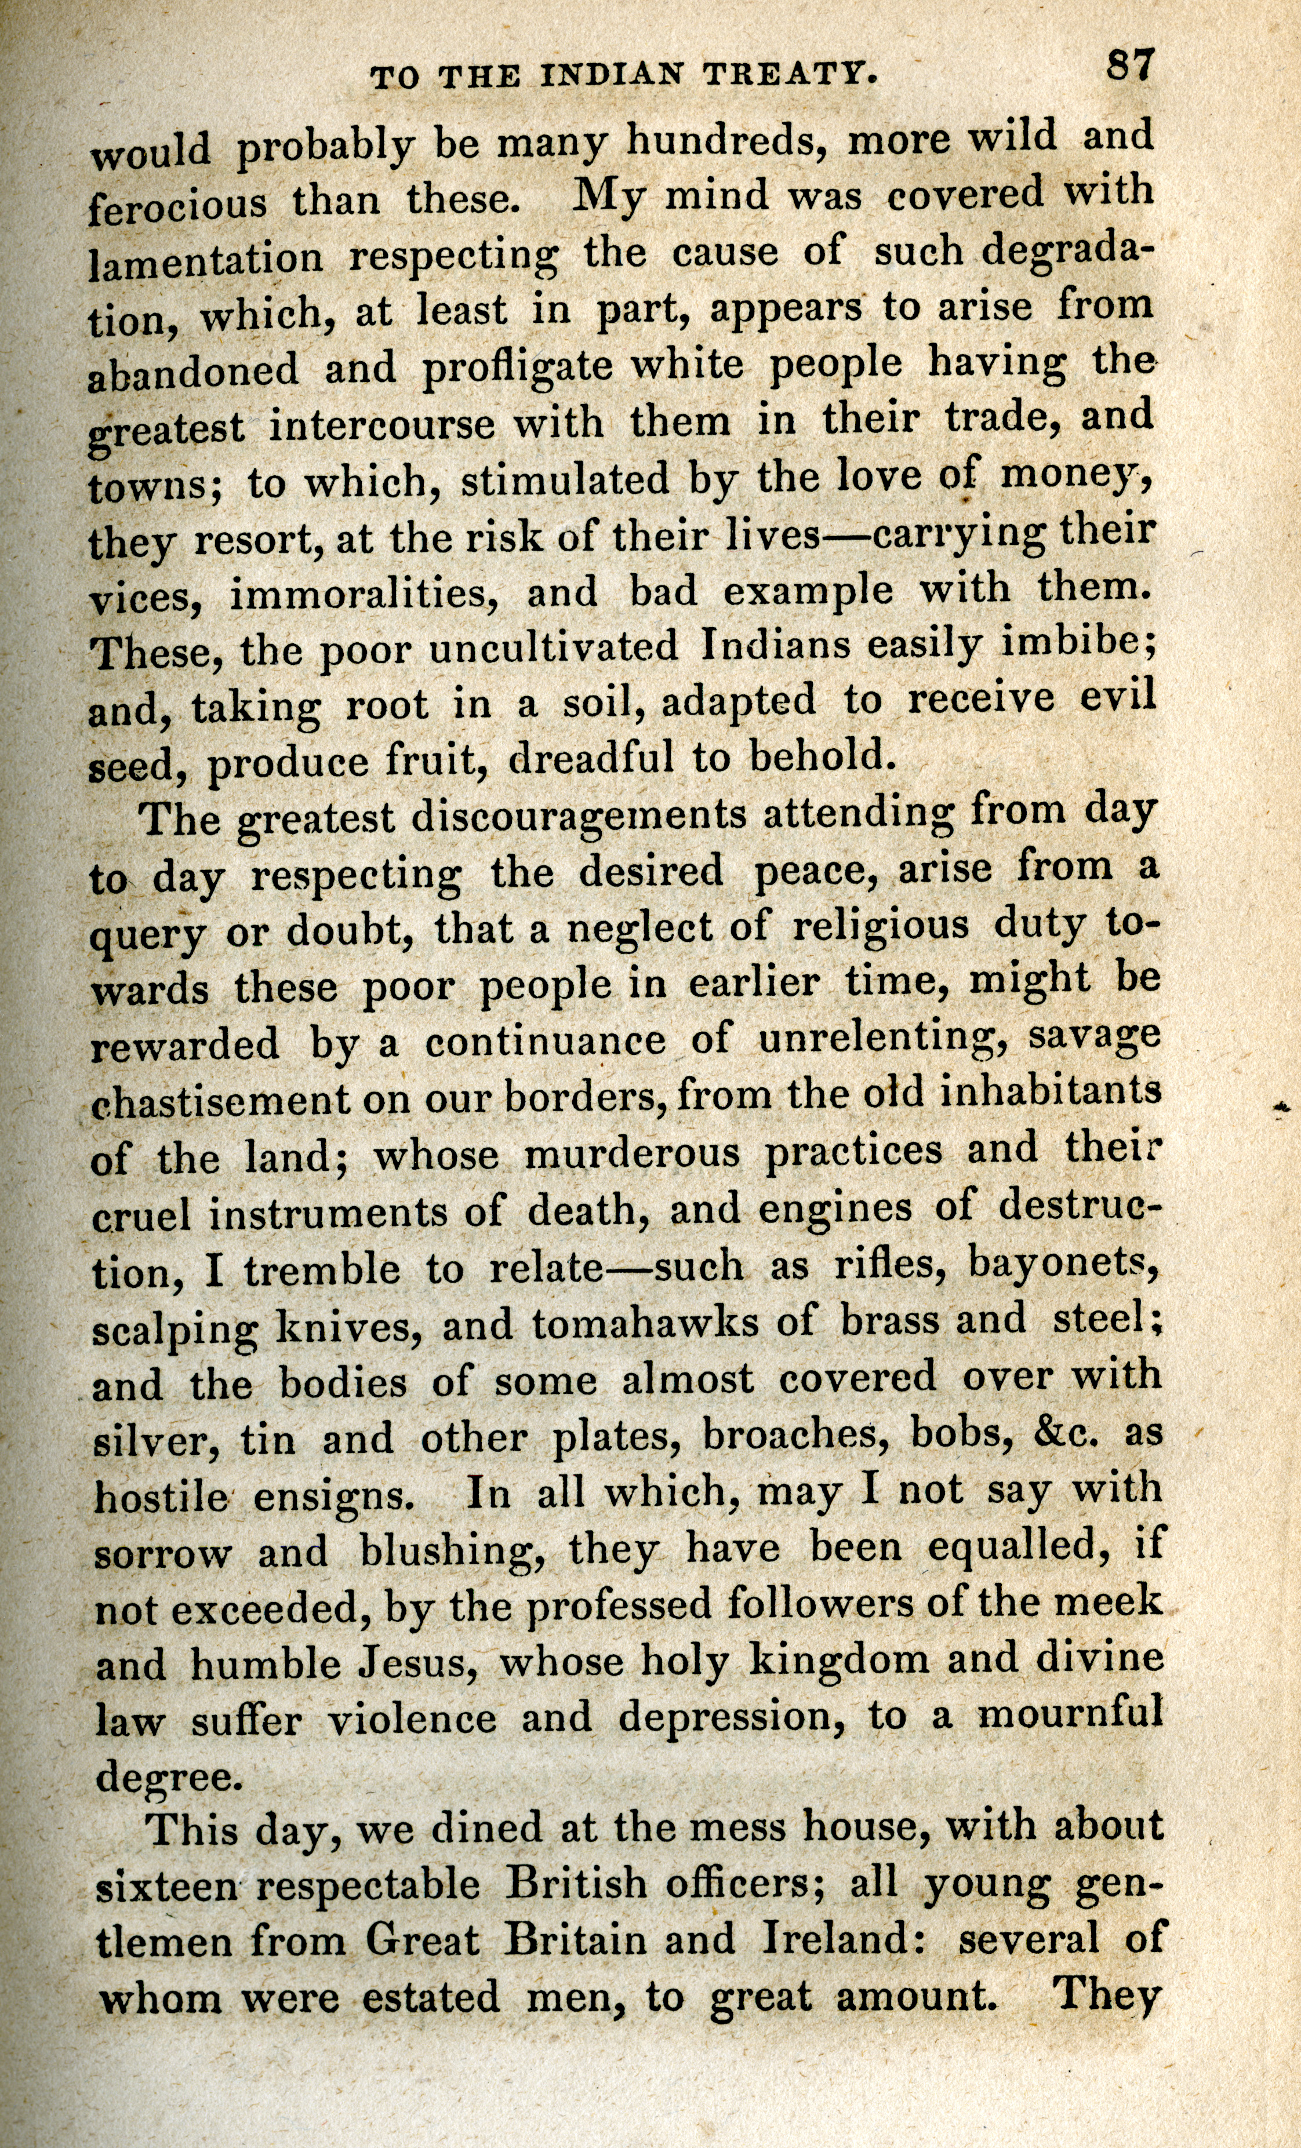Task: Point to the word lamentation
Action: click(x=206, y=259)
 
